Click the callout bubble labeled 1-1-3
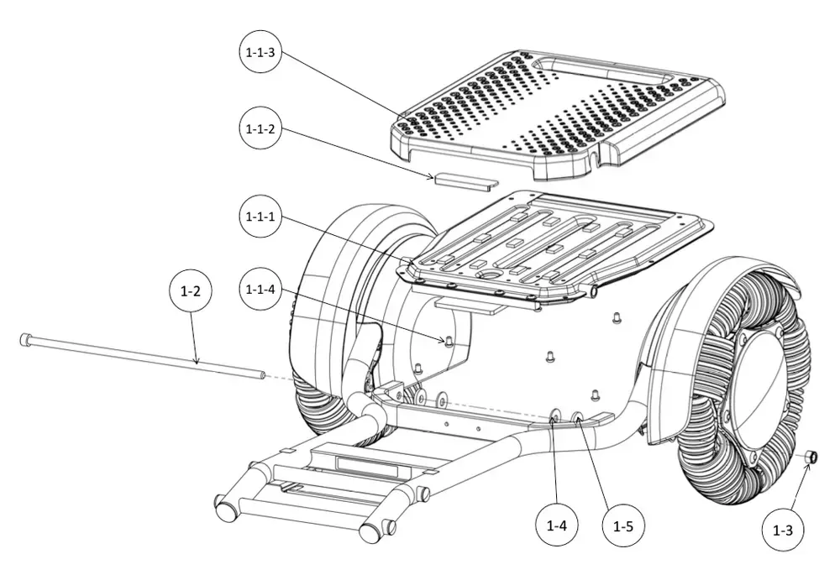pyautogui.click(x=260, y=52)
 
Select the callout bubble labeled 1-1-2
pyautogui.click(x=260, y=128)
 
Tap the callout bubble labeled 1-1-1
pyautogui.click(x=260, y=217)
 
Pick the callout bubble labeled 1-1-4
pyautogui.click(x=260, y=290)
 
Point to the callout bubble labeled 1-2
pyautogui.click(x=190, y=291)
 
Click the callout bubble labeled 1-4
pyautogui.click(x=557, y=525)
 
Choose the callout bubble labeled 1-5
pyautogui.click(x=623, y=526)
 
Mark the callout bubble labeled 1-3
pyautogui.click(x=783, y=530)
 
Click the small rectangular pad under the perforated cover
pyautogui.click(x=466, y=180)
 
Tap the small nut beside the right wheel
pyautogui.click(x=811, y=457)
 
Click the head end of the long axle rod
pyautogui.click(x=25, y=340)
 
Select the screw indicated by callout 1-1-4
pyautogui.click(x=449, y=341)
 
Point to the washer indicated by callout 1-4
pyautogui.click(x=554, y=416)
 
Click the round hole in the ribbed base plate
pyautogui.click(x=489, y=274)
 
